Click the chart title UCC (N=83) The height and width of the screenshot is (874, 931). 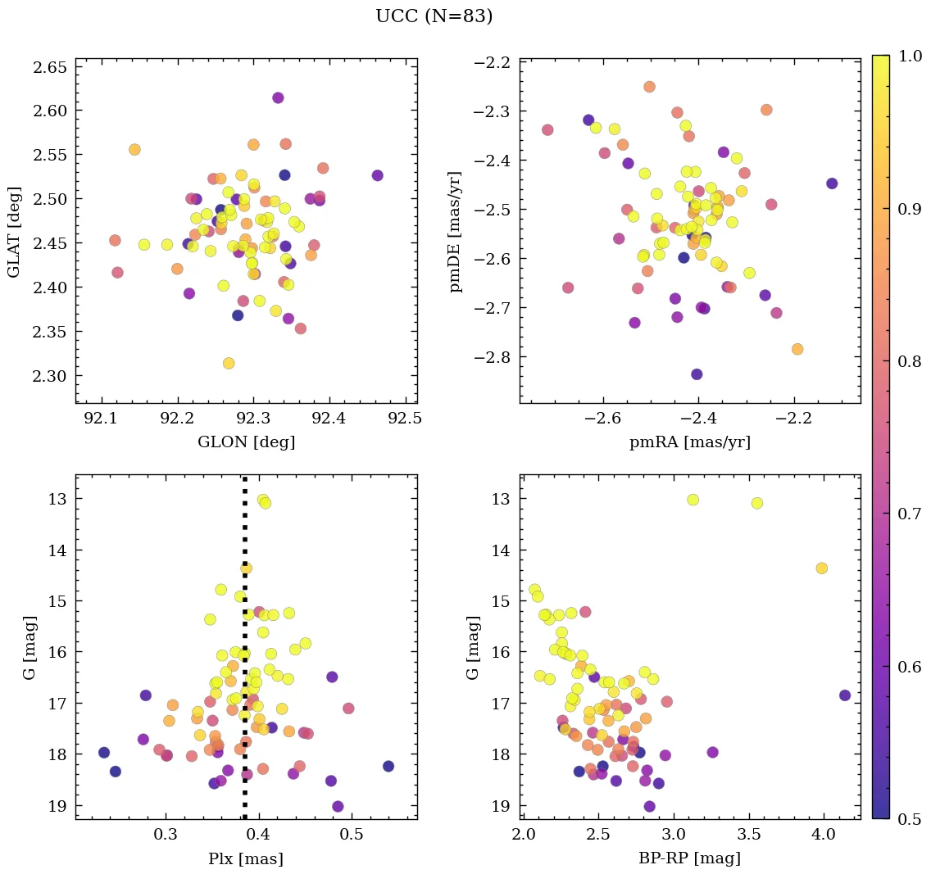[434, 16]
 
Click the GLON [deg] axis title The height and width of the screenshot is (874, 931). [247, 442]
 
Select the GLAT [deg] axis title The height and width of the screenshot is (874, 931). [14, 231]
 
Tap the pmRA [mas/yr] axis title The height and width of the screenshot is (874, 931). [690, 442]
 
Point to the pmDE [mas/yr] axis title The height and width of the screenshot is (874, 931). [457, 231]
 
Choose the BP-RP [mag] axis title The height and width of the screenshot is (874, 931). [690, 858]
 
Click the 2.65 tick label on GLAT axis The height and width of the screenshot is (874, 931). [49, 66]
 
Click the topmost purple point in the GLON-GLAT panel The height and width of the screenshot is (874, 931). [278, 97]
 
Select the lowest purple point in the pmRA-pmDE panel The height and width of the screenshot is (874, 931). [697, 374]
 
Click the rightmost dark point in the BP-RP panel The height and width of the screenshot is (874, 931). [845, 695]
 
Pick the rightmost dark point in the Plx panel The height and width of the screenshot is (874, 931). [388, 766]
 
